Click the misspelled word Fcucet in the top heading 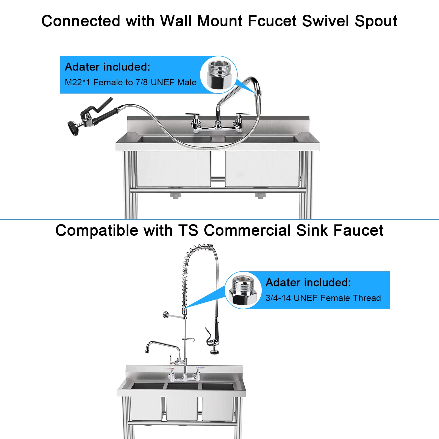coord(272,21)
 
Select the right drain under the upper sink coord(260,195)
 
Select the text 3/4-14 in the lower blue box coord(278,298)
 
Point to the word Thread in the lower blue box coord(367,298)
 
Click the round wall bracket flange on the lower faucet coord(166,315)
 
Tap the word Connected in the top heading coord(81,21)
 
